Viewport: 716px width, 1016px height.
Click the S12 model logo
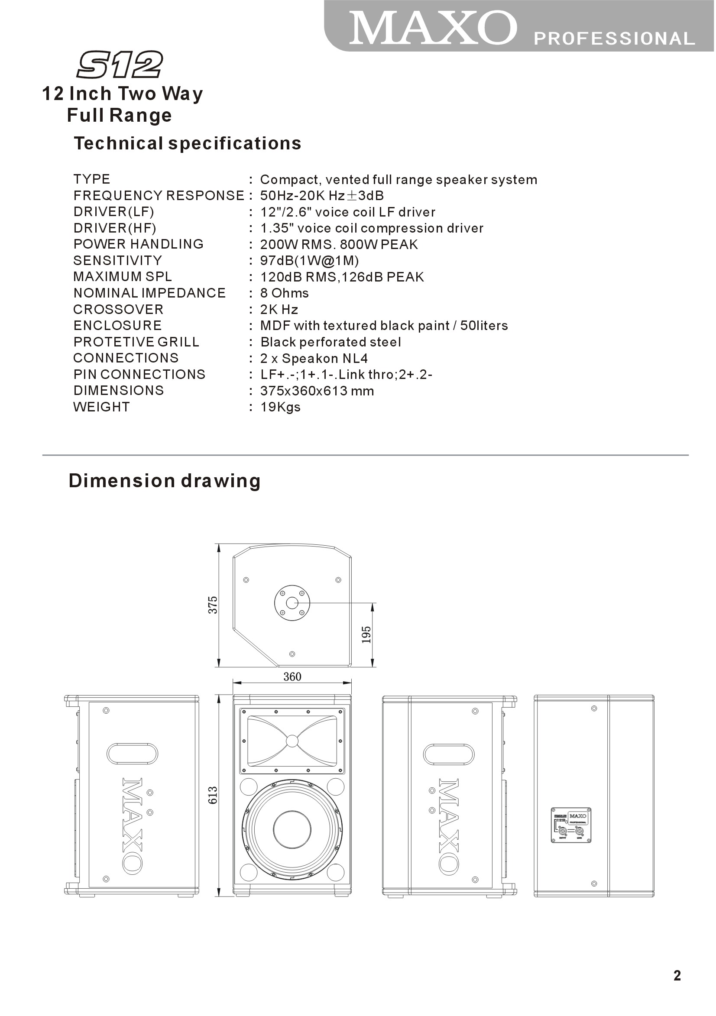120,65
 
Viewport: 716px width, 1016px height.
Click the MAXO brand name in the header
432,28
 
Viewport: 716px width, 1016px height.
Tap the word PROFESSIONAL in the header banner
614,39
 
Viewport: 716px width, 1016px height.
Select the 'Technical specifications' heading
187,143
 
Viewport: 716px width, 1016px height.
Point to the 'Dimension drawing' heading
164,481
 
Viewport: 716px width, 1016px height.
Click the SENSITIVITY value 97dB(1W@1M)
309,261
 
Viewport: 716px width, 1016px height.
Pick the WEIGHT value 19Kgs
280,407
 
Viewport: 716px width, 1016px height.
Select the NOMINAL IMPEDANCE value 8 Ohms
284,293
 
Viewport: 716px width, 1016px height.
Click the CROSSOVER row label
118,309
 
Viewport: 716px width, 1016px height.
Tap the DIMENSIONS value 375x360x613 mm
317,391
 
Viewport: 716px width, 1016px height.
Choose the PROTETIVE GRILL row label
136,342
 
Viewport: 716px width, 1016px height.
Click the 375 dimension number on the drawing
213,605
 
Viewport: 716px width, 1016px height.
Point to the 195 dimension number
366,634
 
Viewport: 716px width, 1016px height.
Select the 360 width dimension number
292,676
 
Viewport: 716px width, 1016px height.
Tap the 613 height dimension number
213,795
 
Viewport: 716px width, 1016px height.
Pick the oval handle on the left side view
132,754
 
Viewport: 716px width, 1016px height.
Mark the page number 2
677,976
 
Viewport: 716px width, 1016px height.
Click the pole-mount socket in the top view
292,603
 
